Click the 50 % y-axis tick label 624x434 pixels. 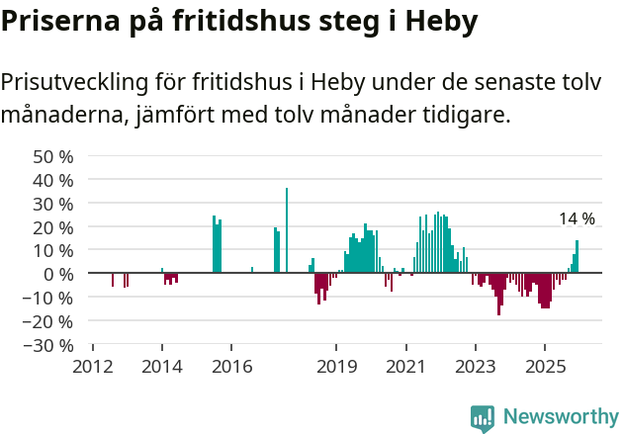[x=53, y=156]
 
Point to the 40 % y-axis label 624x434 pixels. [x=53, y=180]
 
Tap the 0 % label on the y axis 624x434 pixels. [x=58, y=274]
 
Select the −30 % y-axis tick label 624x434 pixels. [x=48, y=345]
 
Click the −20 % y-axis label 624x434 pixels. [x=48, y=321]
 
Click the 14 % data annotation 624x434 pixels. [x=577, y=218]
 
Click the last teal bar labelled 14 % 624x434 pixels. [x=578, y=256]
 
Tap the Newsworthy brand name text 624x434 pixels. [x=561, y=416]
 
